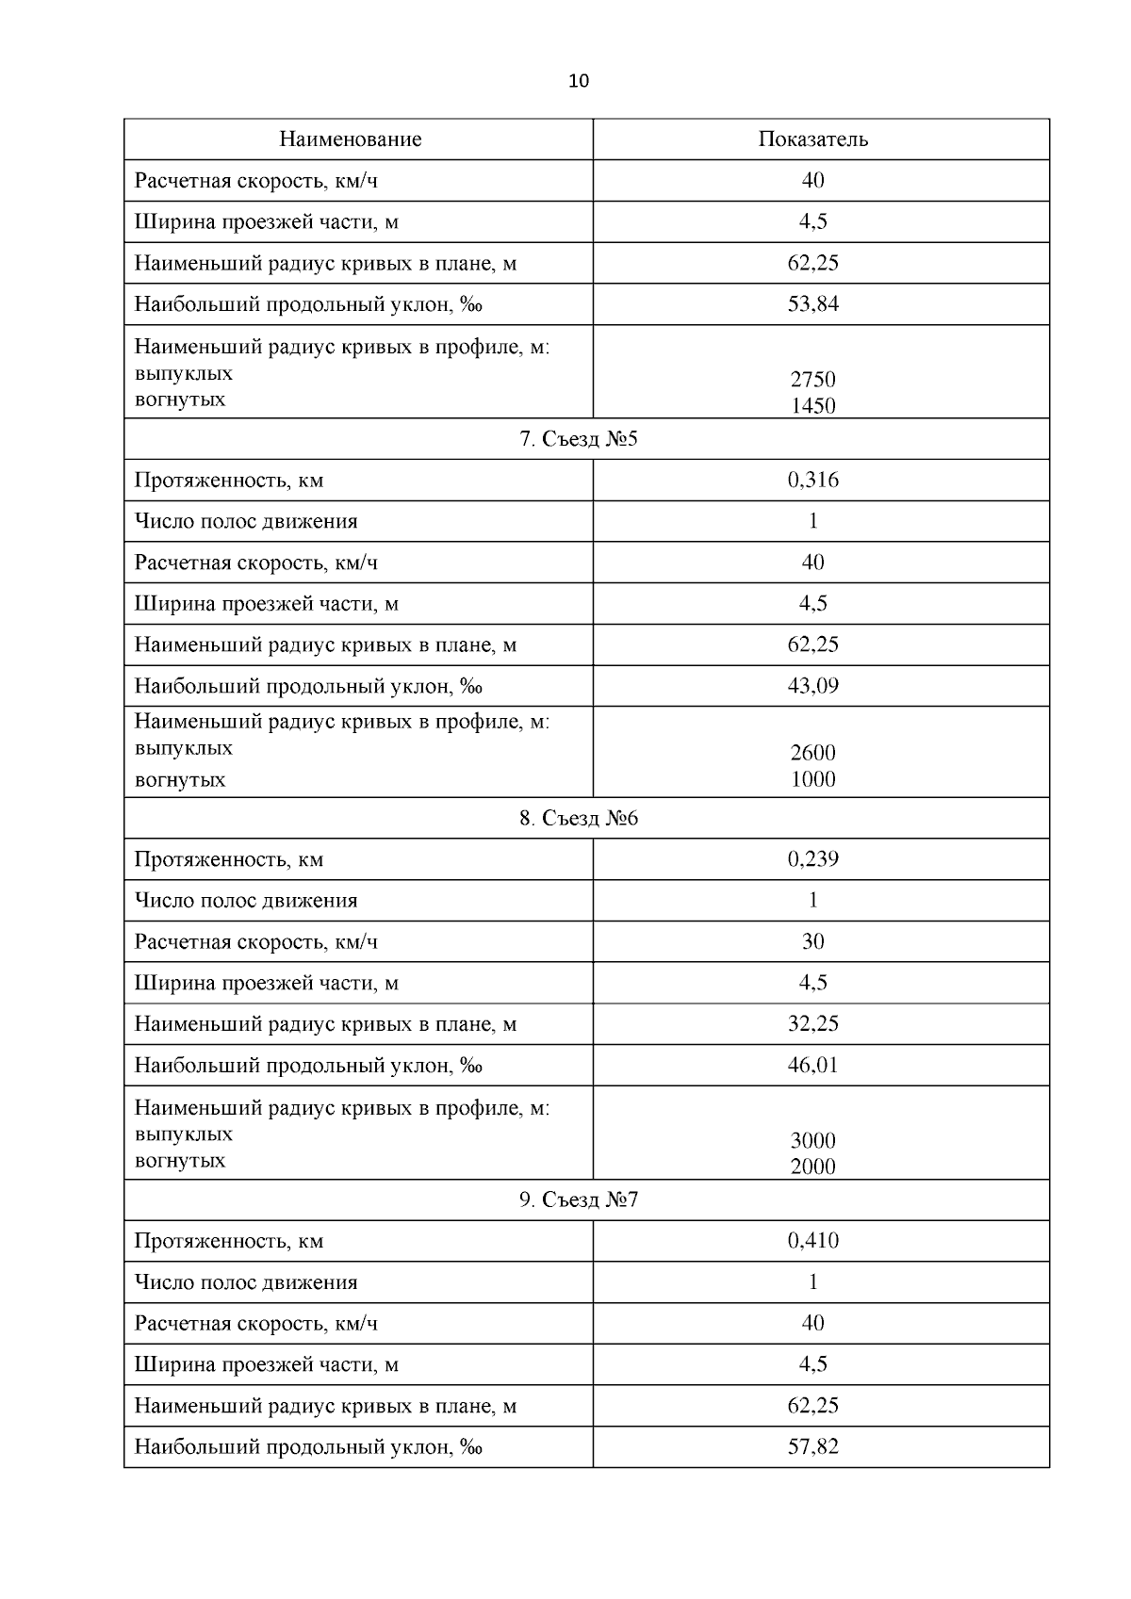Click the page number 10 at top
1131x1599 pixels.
coord(579,81)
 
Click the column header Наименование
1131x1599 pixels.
coord(350,139)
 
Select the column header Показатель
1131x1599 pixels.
coord(812,139)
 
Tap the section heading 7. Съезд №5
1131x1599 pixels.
coord(579,439)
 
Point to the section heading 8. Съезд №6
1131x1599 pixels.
coord(579,818)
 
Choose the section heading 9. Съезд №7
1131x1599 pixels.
coord(579,1199)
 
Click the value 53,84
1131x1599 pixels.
coord(812,304)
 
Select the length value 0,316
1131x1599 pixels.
coord(812,481)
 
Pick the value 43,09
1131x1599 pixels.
coord(812,686)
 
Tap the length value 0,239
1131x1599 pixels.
coord(812,859)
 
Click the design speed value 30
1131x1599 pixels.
coord(812,941)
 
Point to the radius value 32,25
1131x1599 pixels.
coord(812,1024)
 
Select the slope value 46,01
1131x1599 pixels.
coord(812,1066)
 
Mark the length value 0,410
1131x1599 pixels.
coord(812,1241)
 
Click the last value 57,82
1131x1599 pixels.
coord(812,1446)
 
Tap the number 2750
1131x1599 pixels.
coord(812,380)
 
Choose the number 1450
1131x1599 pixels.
coord(812,406)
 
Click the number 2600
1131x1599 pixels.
coord(812,753)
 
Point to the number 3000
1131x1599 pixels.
coord(812,1141)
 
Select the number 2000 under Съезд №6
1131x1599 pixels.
coord(812,1167)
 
